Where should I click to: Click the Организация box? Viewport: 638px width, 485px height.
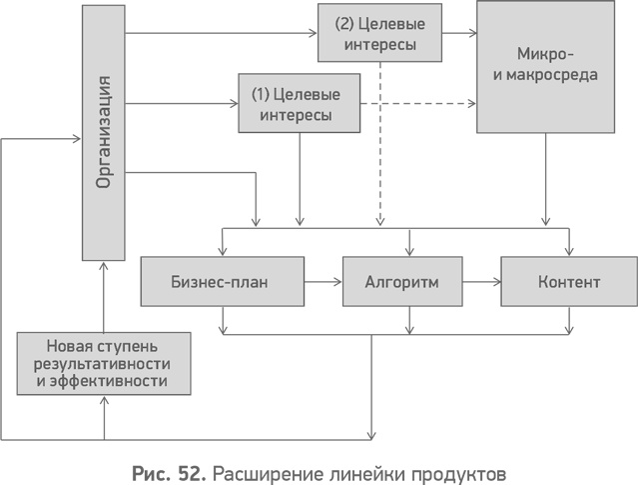104,131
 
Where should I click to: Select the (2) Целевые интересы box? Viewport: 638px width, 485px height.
378,33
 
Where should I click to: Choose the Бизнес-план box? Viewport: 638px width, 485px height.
220,282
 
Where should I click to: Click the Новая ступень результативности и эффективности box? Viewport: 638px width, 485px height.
104,363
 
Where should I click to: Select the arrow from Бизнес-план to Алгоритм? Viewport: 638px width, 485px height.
320,282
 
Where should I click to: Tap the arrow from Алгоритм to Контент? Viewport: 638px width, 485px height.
483,282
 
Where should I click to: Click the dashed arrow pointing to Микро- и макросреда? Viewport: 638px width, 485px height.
419,103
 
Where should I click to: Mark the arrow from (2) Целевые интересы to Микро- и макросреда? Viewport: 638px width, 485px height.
457,33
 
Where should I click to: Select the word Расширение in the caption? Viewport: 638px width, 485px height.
262,470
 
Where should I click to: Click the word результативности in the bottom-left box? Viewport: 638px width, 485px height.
104,363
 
